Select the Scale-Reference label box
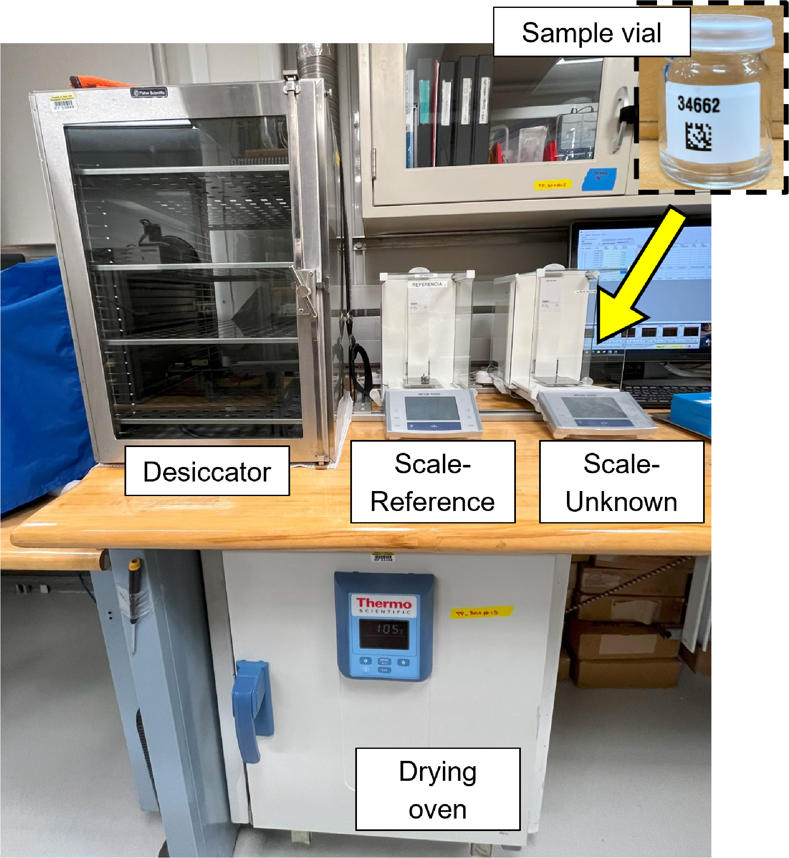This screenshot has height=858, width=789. [x=432, y=482]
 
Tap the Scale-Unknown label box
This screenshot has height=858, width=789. [x=621, y=482]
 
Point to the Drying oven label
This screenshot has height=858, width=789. [x=437, y=790]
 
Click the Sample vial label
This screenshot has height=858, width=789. [x=591, y=32]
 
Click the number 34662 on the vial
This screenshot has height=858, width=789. [x=699, y=105]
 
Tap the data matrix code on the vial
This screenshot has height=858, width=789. [x=698, y=136]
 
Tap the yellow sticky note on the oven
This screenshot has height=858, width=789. [x=481, y=613]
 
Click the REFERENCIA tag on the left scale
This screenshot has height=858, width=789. [x=427, y=284]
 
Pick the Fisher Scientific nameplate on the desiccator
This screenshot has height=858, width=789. [x=149, y=92]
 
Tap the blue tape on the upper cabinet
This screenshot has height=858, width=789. [x=599, y=178]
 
